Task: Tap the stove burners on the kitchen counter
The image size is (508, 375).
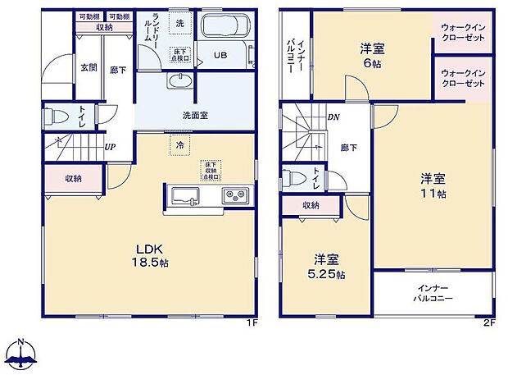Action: (236, 197)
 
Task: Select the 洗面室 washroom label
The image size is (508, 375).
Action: (195, 115)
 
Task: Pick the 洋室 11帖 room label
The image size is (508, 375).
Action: (433, 185)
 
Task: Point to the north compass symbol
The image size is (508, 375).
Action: (23, 354)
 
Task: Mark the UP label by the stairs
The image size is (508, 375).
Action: (109, 147)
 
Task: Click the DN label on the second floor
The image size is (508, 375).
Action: (333, 117)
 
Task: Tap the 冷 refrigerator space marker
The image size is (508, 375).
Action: (179, 144)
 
